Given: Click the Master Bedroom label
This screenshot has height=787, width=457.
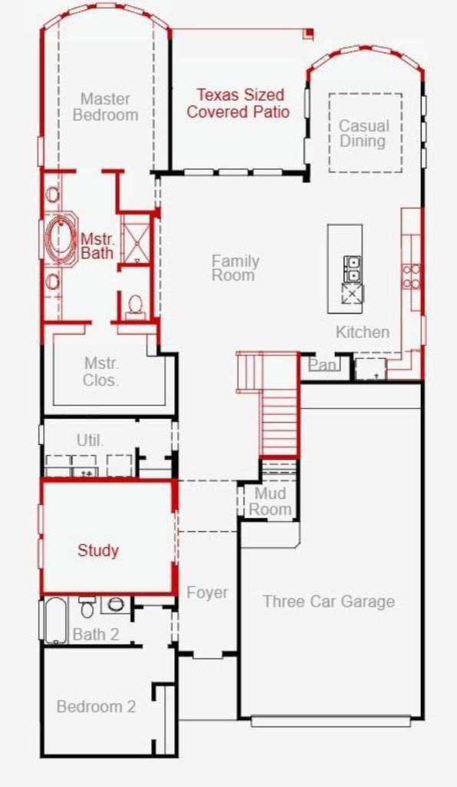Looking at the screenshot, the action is [105, 106].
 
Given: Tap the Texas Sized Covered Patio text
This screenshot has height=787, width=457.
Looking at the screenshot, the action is [238, 103].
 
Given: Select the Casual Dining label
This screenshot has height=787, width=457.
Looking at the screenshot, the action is [364, 133].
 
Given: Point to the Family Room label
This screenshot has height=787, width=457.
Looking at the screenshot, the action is [235, 267].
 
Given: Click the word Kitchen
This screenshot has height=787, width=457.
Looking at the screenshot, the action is [363, 332].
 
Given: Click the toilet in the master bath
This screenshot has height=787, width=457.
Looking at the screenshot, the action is [135, 306].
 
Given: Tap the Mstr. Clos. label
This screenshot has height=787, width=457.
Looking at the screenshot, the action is [101, 371].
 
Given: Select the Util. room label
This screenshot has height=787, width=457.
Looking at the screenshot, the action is [91, 440].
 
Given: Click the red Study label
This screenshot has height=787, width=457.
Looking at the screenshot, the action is [98, 550].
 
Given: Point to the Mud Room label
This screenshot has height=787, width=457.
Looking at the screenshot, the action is [270, 501].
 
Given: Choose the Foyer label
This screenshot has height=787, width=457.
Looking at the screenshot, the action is [207, 593].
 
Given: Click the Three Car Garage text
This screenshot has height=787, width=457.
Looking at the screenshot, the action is [329, 601].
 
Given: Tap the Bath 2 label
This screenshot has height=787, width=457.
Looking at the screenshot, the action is [96, 634].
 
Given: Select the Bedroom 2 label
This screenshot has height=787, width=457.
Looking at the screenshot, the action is [96, 706].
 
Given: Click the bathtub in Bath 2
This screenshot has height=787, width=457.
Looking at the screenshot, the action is [56, 620].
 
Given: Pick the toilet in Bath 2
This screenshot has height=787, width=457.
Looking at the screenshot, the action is [87, 607].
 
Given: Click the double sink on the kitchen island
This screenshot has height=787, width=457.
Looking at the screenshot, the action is [352, 269].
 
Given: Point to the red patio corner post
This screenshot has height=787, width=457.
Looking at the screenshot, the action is [310, 34].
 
